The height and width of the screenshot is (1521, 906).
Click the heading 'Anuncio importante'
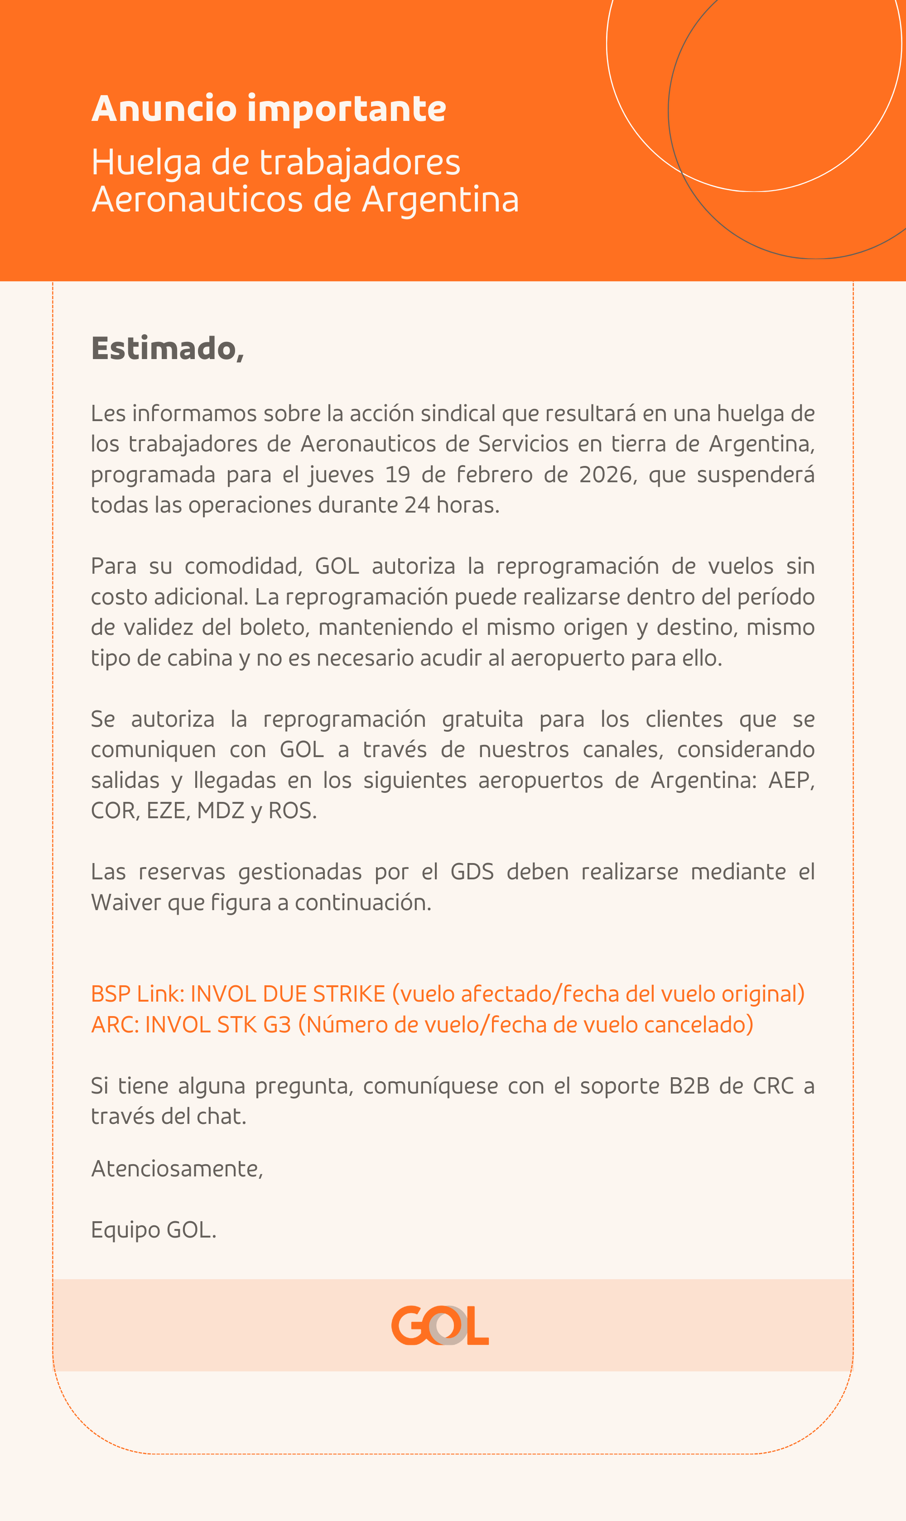point(269,109)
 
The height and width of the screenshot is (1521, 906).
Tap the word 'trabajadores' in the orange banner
point(360,163)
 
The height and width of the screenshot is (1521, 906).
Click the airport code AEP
point(790,780)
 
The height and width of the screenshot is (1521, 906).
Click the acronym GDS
point(472,872)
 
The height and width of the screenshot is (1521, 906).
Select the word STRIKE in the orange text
point(349,994)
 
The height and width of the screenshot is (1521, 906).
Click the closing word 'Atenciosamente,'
point(177,1168)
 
